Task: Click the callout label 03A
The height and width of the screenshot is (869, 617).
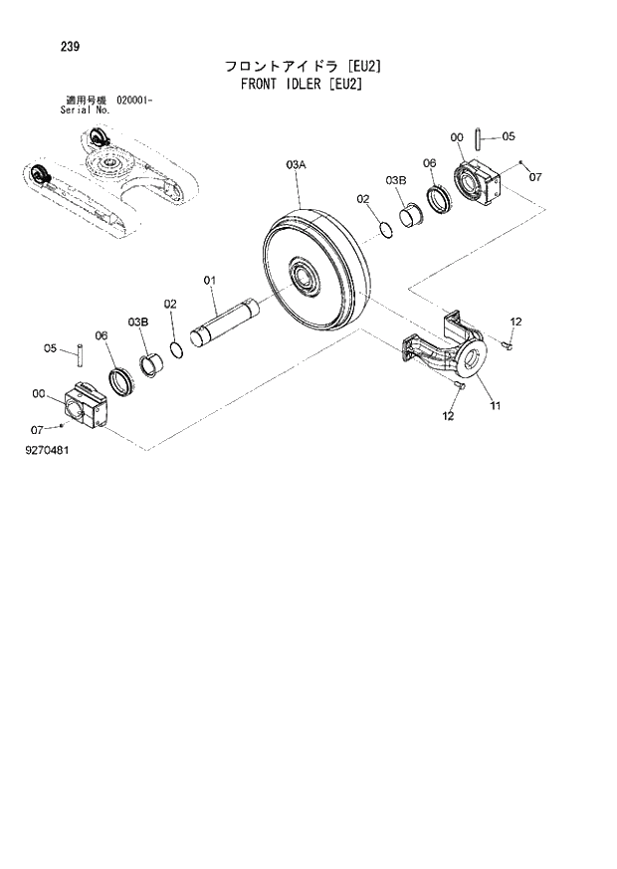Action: tap(297, 161)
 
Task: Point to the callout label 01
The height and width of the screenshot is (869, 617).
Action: tap(210, 281)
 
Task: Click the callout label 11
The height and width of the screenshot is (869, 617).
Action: tap(495, 406)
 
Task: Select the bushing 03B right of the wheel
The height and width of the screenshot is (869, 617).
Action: tap(409, 216)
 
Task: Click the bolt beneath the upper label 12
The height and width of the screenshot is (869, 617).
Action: tap(508, 344)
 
